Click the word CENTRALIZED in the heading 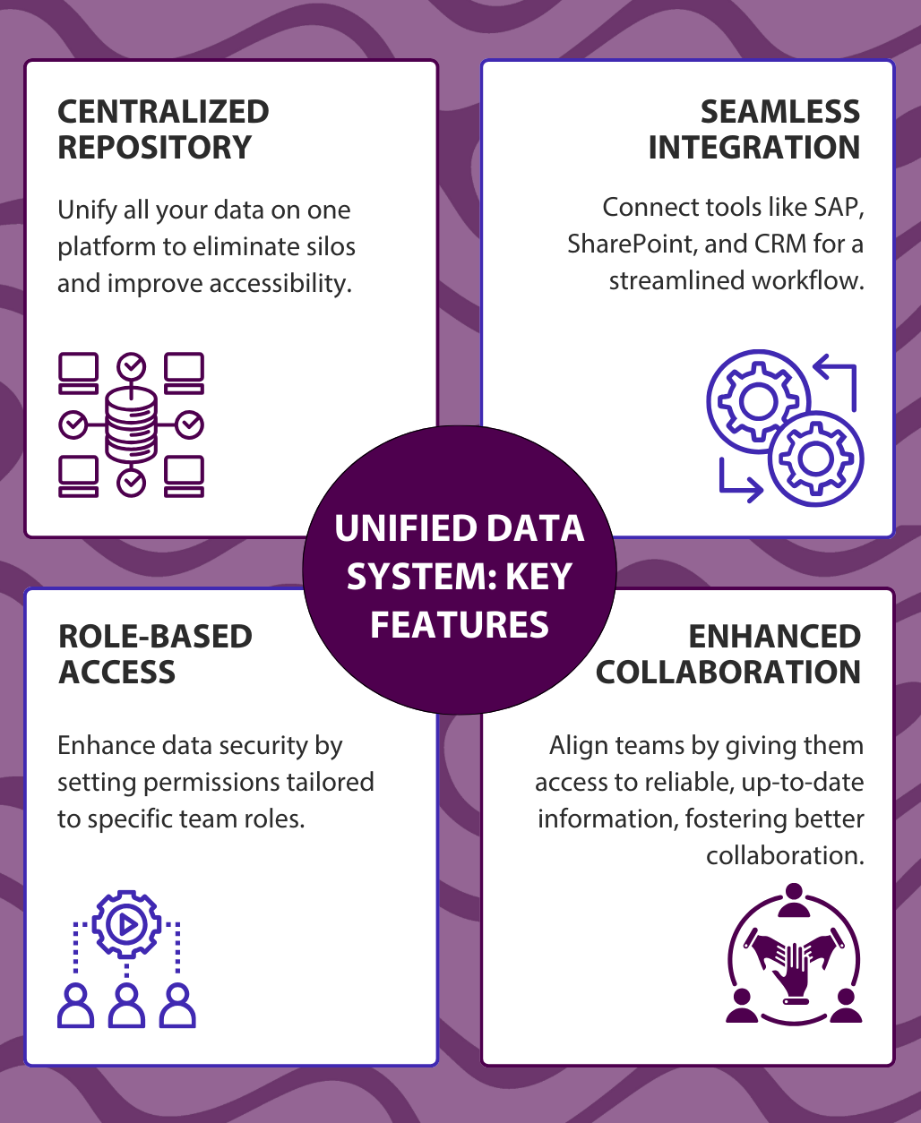[x=163, y=112]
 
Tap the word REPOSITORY [x=155, y=148]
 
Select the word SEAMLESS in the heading [x=779, y=112]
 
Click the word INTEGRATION [x=753, y=148]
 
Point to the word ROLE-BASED [x=155, y=637]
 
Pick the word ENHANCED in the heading [x=774, y=637]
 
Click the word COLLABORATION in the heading [x=727, y=673]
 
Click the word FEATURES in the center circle [x=460, y=624]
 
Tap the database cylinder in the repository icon [x=132, y=424]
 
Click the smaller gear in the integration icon [x=816, y=458]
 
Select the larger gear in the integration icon [x=757, y=400]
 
